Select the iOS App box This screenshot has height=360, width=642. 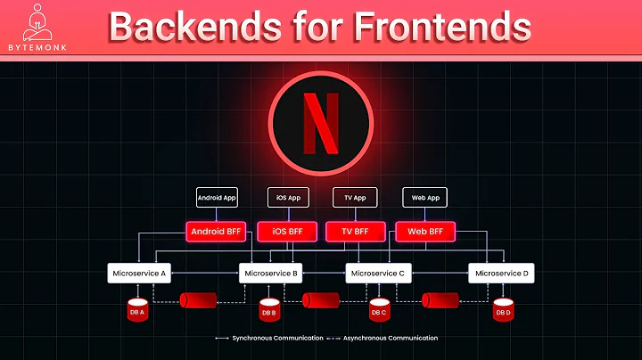tap(287, 197)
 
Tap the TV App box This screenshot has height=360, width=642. tap(355, 197)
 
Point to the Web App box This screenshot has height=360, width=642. tap(424, 197)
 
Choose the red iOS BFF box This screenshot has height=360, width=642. tap(287, 232)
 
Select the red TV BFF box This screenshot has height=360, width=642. tap(355, 232)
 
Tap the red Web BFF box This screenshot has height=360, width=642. tap(424, 232)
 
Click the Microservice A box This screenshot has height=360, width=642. tap(140, 273)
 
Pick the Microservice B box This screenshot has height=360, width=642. tap(272, 273)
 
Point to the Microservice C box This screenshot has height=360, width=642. tap(378, 273)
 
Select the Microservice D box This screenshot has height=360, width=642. tap(502, 273)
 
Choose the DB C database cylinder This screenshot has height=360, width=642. tap(379, 311)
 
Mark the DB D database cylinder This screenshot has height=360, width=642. tap(504, 311)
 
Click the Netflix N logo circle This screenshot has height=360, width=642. tap(321, 121)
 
